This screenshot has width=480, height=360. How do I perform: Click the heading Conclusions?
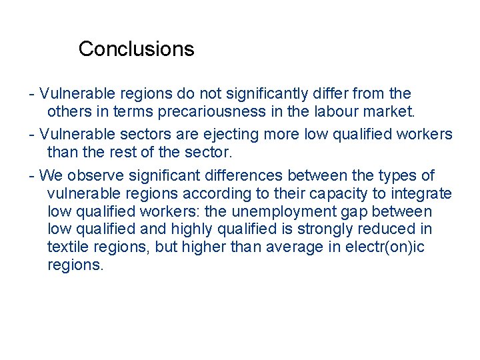pyautogui.click(x=136, y=49)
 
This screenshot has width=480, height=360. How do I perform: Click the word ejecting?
pyautogui.click(x=233, y=134)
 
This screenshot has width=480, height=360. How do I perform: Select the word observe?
pyautogui.click(x=94, y=175)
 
